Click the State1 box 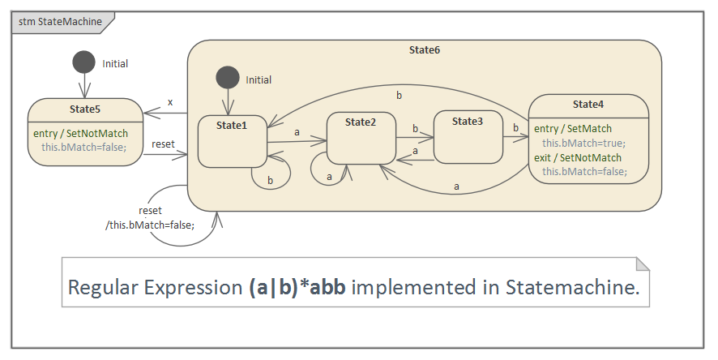[x=233, y=142]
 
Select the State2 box [x=361, y=138]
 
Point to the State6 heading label [x=425, y=50]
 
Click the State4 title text [x=588, y=105]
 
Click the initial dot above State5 [x=83, y=62]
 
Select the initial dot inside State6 [x=228, y=78]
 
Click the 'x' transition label [x=170, y=102]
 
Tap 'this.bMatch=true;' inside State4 [x=583, y=143]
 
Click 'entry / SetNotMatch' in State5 [x=80, y=133]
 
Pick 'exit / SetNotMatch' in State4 [x=578, y=157]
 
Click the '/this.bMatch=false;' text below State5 [x=150, y=225]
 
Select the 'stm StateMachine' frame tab [x=60, y=22]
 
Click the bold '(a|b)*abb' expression [x=297, y=287]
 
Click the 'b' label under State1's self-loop [x=270, y=179]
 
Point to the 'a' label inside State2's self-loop [x=329, y=176]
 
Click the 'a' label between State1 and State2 [x=297, y=131]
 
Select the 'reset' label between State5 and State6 [x=163, y=144]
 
